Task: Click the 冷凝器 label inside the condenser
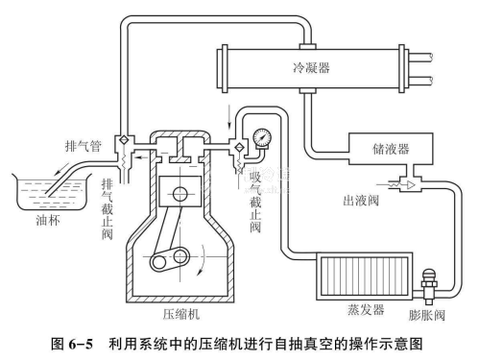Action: [x=311, y=67]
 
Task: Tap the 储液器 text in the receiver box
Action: [x=391, y=149]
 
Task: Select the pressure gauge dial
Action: [x=262, y=138]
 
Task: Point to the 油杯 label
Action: [x=48, y=220]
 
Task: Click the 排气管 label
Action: [x=84, y=146]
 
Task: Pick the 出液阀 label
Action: [x=361, y=201]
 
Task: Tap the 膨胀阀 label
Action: [x=427, y=315]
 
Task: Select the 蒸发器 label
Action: [x=366, y=309]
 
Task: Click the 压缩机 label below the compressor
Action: [x=180, y=314]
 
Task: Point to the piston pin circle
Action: [x=180, y=194]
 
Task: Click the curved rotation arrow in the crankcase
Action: [x=203, y=259]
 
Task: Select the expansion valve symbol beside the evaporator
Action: [x=428, y=286]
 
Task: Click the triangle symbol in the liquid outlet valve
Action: [x=411, y=184]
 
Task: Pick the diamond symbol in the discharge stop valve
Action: [x=123, y=140]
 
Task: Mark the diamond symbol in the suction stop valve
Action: [x=239, y=147]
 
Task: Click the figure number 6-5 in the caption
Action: [x=81, y=345]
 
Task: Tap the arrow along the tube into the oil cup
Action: [x=61, y=169]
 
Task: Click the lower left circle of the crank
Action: [x=157, y=262]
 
